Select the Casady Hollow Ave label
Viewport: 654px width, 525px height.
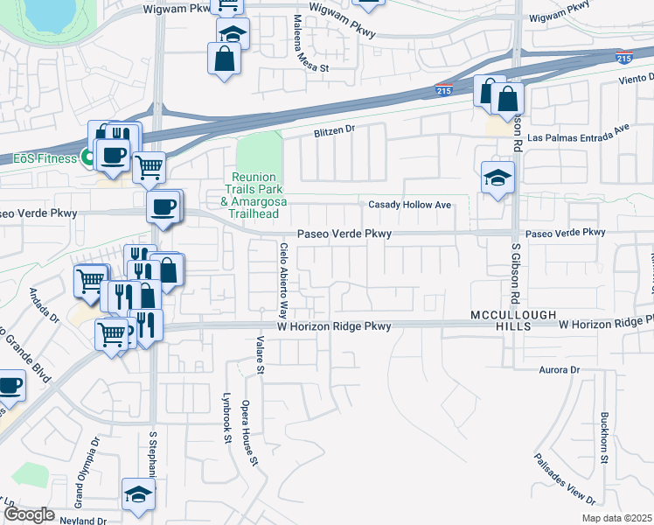click(409, 205)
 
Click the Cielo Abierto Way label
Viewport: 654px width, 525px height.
click(282, 280)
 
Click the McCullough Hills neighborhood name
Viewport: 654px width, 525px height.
click(501, 319)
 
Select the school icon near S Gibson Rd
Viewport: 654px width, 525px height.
click(497, 178)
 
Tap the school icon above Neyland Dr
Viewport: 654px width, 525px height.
click(137, 495)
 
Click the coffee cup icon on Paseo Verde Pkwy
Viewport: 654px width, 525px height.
click(163, 207)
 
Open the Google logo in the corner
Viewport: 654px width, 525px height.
click(29, 514)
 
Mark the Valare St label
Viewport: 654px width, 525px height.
click(260, 355)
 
